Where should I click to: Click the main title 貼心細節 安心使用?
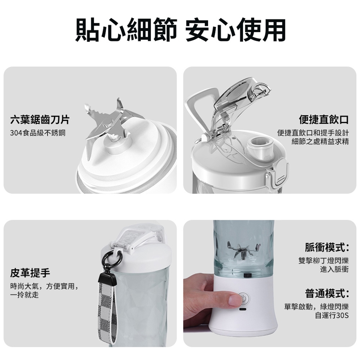[180, 30]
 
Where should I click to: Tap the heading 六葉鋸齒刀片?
[40, 120]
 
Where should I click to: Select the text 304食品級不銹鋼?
[38, 133]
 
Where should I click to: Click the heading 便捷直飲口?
[324, 120]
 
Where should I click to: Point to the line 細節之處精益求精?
[320, 141]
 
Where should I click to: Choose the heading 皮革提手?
[30, 273]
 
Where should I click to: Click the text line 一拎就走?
[24, 295]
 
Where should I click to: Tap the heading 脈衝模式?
[327, 247]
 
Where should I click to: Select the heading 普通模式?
[327, 293]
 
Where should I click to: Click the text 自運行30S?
[332, 315]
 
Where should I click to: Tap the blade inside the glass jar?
[243, 250]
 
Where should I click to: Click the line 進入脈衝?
[334, 269]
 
